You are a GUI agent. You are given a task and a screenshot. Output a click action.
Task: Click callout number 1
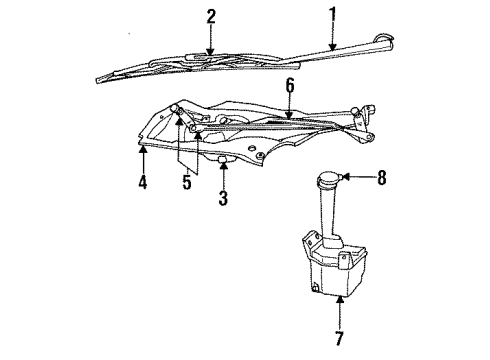point(333,15)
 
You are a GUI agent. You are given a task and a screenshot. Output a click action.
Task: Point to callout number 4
point(144,184)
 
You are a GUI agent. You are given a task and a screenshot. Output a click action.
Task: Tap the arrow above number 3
point(223,172)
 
